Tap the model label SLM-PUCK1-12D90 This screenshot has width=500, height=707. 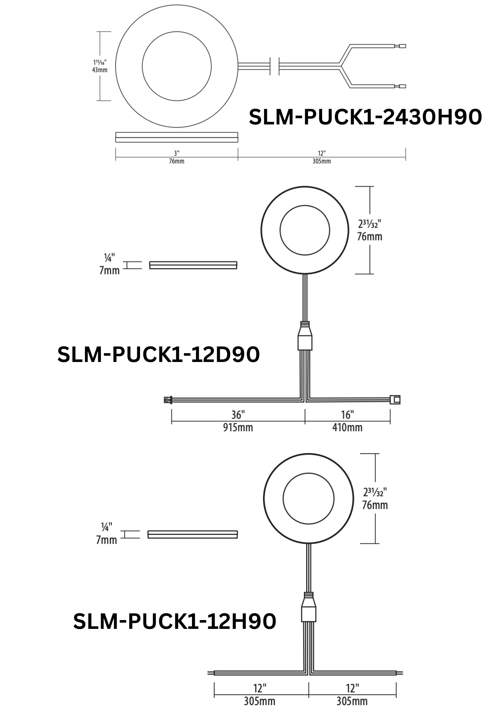pyautogui.click(x=158, y=355)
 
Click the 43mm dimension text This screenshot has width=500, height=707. pyautogui.click(x=100, y=70)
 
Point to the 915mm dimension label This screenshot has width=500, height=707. pyautogui.click(x=238, y=428)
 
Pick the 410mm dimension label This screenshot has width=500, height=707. pyautogui.click(x=347, y=428)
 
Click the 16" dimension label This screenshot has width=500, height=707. pyautogui.click(x=348, y=415)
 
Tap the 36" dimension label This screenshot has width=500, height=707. pyautogui.click(x=238, y=415)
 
